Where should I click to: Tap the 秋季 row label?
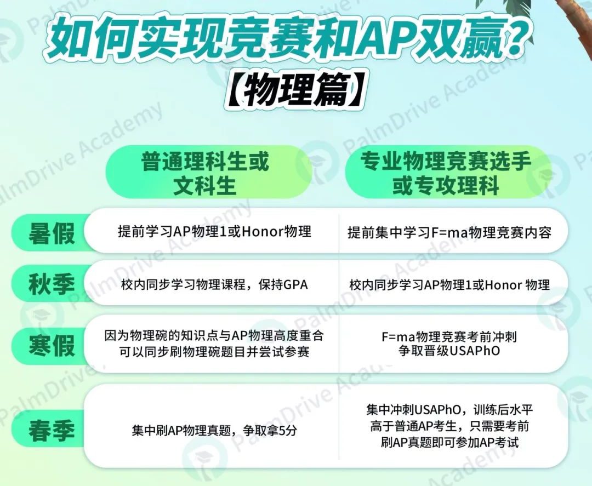[52, 284]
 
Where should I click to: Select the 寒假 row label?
[52, 345]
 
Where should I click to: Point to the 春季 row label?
[52, 430]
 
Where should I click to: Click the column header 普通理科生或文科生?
[205, 173]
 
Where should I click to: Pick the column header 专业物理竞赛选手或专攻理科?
[446, 173]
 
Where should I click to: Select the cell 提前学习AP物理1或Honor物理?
[214, 231]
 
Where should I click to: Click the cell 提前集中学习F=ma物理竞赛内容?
[449, 232]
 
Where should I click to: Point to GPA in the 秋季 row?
[295, 284]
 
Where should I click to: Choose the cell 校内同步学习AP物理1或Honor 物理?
[449, 285]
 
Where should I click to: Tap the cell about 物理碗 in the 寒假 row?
[214, 344]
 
